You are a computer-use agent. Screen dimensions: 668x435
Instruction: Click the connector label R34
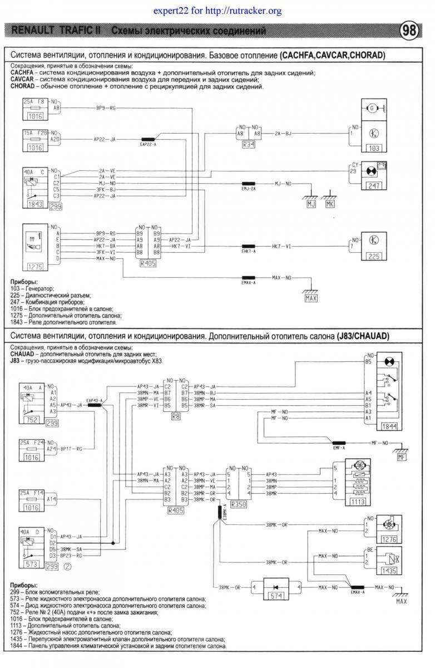click(x=248, y=144)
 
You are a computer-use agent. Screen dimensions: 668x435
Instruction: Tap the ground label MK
click(x=330, y=204)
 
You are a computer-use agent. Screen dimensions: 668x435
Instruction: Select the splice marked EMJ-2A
click(x=248, y=183)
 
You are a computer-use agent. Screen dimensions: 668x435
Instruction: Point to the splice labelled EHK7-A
click(x=248, y=246)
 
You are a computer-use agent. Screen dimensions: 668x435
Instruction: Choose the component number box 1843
click(x=35, y=204)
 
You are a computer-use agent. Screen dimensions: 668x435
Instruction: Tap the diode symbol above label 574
click(x=273, y=587)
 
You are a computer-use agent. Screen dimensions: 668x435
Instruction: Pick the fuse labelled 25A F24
click(x=33, y=444)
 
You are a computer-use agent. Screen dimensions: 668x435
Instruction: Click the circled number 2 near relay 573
click(x=67, y=567)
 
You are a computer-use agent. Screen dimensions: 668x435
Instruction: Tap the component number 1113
click(x=357, y=502)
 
